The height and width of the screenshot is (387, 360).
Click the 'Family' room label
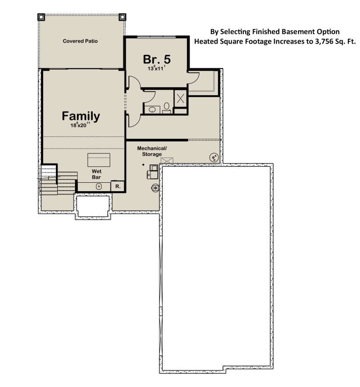(x=81, y=116)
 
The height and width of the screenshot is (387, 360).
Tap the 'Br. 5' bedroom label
(x=157, y=59)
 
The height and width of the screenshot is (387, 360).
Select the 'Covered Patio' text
(x=80, y=41)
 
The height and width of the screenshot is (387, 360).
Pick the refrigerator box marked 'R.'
(x=117, y=186)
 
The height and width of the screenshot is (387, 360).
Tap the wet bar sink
(x=99, y=186)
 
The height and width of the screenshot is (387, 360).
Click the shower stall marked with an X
(x=180, y=98)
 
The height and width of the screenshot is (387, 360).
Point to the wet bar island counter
(x=98, y=159)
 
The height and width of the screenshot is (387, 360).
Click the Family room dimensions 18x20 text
(x=81, y=126)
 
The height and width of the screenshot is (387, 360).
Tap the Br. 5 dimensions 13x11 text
(x=157, y=68)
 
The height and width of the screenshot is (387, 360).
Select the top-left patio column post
(x=41, y=17)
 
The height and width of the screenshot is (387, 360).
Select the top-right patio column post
(x=123, y=17)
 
